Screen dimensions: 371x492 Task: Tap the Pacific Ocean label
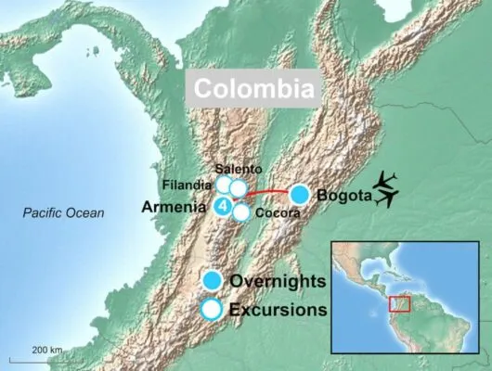(x=64, y=214)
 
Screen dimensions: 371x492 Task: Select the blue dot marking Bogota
(x=300, y=195)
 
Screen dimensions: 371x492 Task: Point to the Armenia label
(x=174, y=208)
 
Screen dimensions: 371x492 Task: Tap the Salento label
(x=238, y=169)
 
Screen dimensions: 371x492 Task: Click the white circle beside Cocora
(x=241, y=212)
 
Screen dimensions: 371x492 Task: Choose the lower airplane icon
(x=386, y=198)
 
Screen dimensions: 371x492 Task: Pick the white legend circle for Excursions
(x=213, y=310)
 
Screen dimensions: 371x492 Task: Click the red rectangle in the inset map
(x=400, y=302)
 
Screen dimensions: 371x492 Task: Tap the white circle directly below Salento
(x=239, y=189)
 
